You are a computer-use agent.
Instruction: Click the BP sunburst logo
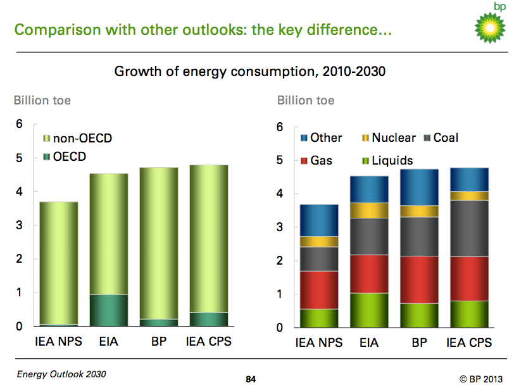[x=491, y=27]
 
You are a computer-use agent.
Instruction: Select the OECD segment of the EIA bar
[x=108, y=310]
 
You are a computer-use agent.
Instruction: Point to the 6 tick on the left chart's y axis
[x=20, y=125]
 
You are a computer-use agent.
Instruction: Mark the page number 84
[x=251, y=379]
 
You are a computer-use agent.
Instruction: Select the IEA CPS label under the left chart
[x=208, y=341]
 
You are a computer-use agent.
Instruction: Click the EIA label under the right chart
[x=369, y=343]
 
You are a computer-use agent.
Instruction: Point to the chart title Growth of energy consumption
[x=249, y=72]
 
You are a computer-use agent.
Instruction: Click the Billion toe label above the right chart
[x=306, y=100]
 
